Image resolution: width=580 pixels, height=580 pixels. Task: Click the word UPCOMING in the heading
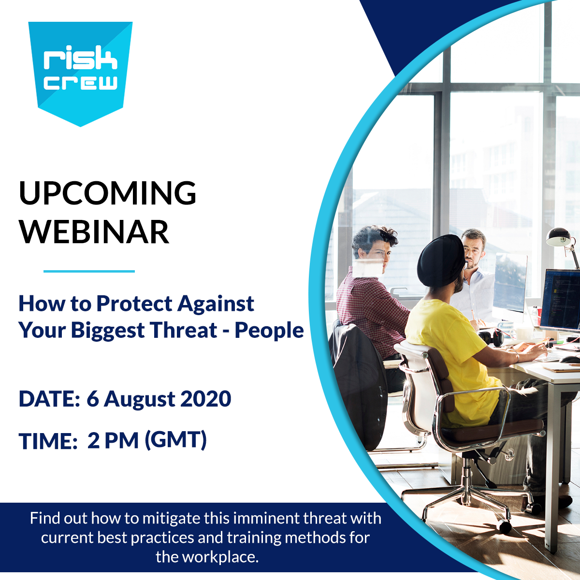coord(108,193)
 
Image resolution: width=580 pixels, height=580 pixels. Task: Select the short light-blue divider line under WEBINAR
coord(89,271)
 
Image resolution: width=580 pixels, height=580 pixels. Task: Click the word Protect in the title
coord(135,304)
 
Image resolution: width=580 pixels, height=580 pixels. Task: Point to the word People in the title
coord(269,331)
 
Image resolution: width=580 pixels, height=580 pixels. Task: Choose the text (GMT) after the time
coord(176,440)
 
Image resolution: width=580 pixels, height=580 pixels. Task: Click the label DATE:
coord(49,399)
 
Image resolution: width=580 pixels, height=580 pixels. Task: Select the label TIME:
coord(48,441)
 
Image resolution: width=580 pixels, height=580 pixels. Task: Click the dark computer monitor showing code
coord(559,299)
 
